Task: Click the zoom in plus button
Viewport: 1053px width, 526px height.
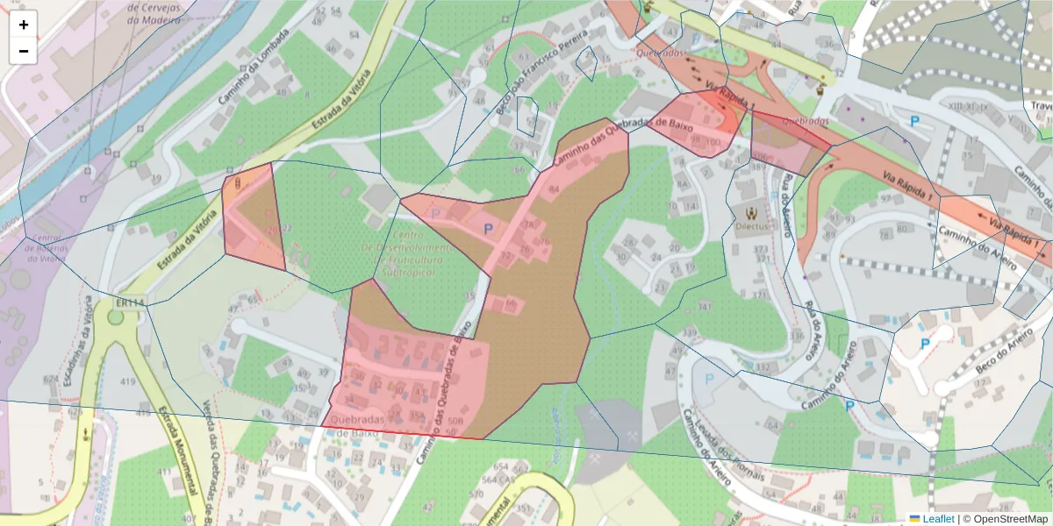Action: click(x=24, y=24)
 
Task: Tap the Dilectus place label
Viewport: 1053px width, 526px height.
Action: click(x=751, y=225)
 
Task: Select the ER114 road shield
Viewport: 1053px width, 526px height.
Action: click(x=128, y=302)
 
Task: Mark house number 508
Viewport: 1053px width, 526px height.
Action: click(x=455, y=422)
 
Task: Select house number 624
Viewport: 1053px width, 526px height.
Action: click(x=50, y=380)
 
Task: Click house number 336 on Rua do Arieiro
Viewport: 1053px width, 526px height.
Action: click(x=797, y=335)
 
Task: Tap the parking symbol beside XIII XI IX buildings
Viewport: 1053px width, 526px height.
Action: click(x=914, y=122)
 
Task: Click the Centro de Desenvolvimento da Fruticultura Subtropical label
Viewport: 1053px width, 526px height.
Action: click(x=405, y=249)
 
